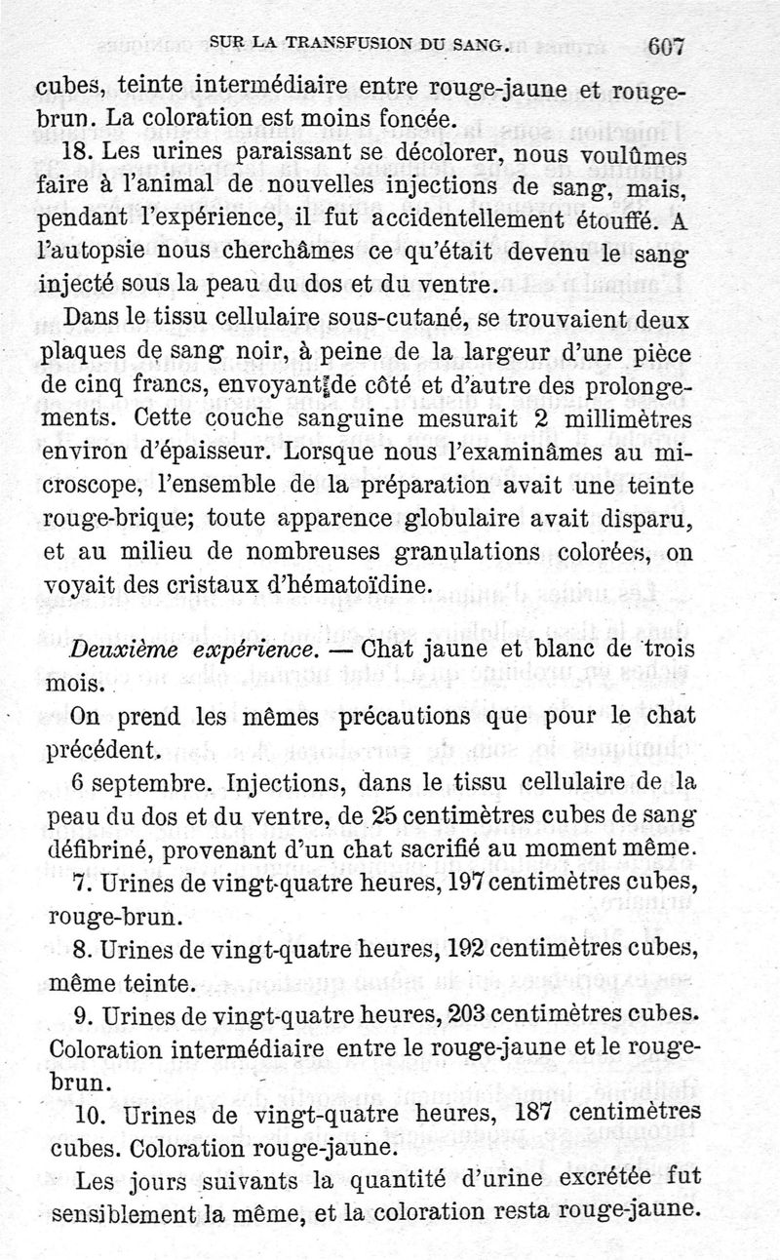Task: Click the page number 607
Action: point(667,46)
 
